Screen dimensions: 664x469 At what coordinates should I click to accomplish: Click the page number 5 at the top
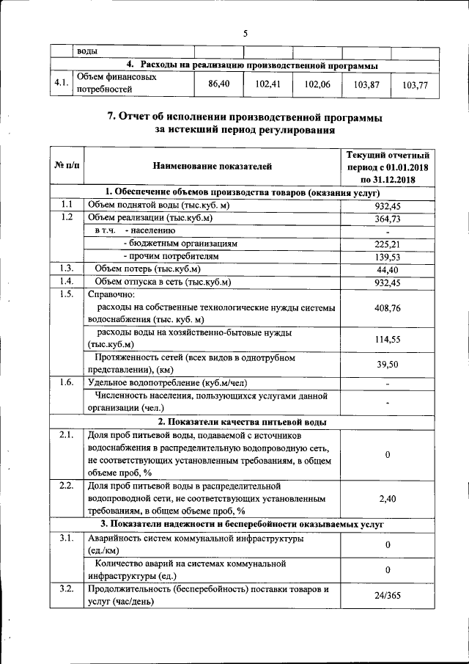tap(245, 33)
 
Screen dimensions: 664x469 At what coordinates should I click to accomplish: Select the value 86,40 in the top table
tap(219, 84)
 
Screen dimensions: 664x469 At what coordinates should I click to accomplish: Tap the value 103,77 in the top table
tap(415, 85)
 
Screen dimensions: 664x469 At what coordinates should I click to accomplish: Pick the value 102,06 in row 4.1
tap(317, 84)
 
